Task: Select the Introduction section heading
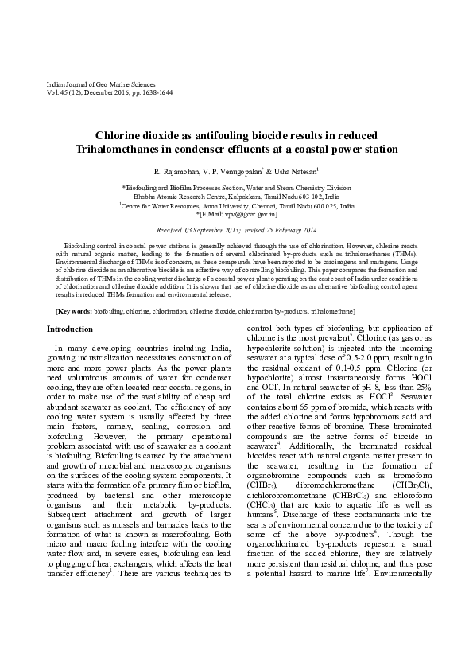69,329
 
